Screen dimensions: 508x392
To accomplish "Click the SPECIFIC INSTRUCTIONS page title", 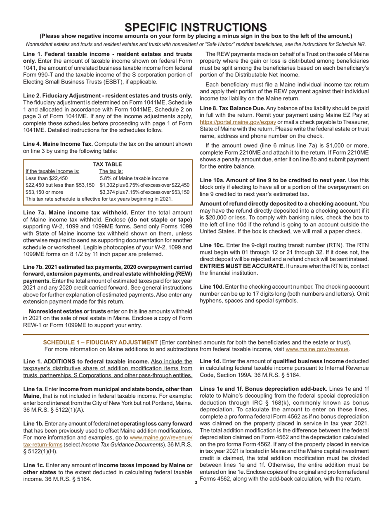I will tap(196, 27).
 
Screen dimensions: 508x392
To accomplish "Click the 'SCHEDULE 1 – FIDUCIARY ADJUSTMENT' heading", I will tap(100, 342).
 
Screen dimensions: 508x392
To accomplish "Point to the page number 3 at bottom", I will tap(196, 482).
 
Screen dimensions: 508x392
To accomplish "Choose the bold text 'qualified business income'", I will tap(310, 361).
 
